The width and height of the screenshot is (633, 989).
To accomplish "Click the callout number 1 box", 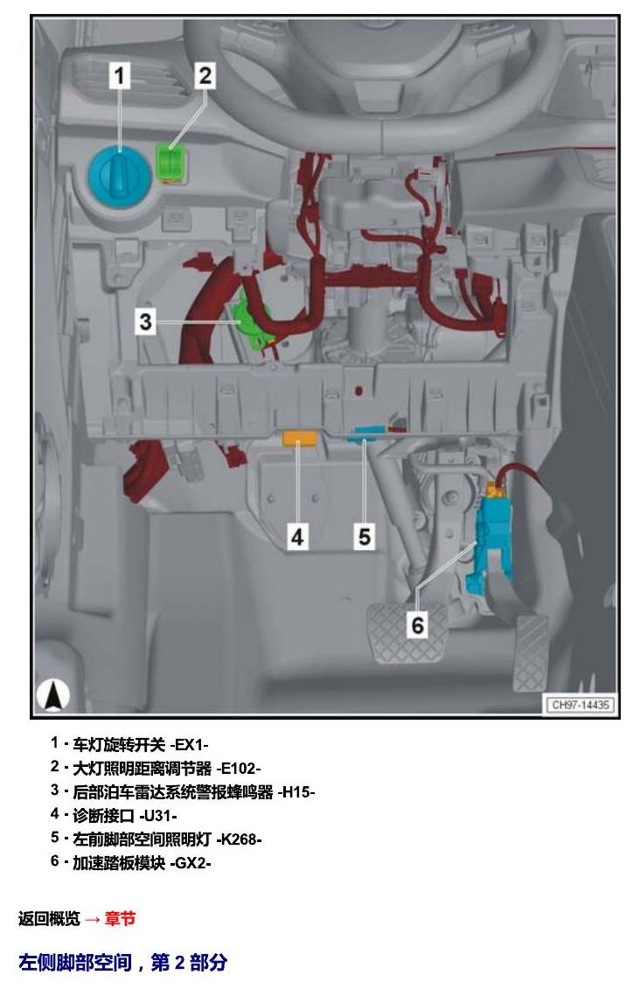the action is (119, 76).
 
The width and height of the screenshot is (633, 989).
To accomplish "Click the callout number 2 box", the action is (205, 76).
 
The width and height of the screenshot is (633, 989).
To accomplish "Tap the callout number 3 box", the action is (146, 322).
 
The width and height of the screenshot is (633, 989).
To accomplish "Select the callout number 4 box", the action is (297, 537).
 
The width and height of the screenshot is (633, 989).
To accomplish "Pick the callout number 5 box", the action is (365, 537).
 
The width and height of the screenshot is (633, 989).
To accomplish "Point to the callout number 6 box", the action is (417, 625).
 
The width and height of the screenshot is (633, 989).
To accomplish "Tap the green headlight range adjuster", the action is (170, 162).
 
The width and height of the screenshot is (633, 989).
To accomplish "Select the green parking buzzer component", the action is (252, 324).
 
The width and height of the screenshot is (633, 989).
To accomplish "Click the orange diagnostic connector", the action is (302, 438).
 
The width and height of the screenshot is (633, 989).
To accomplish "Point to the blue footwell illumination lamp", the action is (367, 434).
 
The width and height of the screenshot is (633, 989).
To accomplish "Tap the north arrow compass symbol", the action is (53, 696).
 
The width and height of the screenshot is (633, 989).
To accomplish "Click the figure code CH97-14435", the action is (580, 705).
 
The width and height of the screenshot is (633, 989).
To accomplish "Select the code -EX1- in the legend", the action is (189, 745).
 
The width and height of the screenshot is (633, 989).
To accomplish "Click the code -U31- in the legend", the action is (158, 816).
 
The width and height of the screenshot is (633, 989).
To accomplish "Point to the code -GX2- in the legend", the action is (191, 863).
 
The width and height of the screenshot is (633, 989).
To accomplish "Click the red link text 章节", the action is (120, 918).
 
